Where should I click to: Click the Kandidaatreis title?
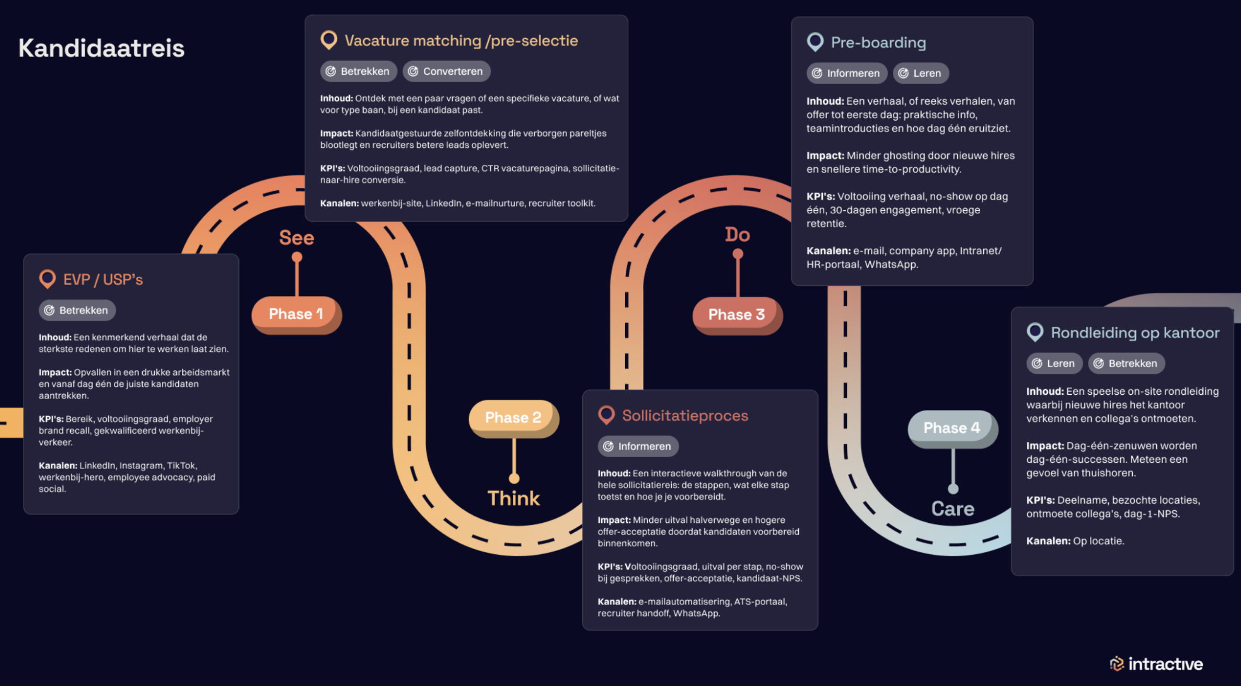[x=101, y=48]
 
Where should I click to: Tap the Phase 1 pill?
[x=296, y=315]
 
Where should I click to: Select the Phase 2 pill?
[x=514, y=418]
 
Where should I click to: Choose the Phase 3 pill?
[x=737, y=315]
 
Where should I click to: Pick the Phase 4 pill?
[x=952, y=429]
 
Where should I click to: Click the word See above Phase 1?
[x=296, y=238]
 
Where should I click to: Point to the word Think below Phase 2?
[x=513, y=498]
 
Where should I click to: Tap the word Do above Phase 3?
[x=737, y=235]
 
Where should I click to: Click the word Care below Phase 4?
[x=952, y=509]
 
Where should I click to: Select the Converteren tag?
[x=446, y=71]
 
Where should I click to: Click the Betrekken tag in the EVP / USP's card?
[x=77, y=310]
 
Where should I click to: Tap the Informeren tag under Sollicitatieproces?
[x=638, y=446]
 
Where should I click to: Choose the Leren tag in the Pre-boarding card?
[x=921, y=73]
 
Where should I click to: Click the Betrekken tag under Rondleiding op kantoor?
[x=1127, y=363]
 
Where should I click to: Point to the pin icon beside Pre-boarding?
[x=815, y=42]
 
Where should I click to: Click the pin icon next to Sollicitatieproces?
[x=606, y=415]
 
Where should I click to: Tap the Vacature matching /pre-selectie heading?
[x=461, y=41]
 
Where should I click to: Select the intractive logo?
[x=1156, y=664]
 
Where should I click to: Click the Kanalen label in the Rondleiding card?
[x=1048, y=541]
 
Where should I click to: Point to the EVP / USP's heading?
[x=103, y=280]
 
